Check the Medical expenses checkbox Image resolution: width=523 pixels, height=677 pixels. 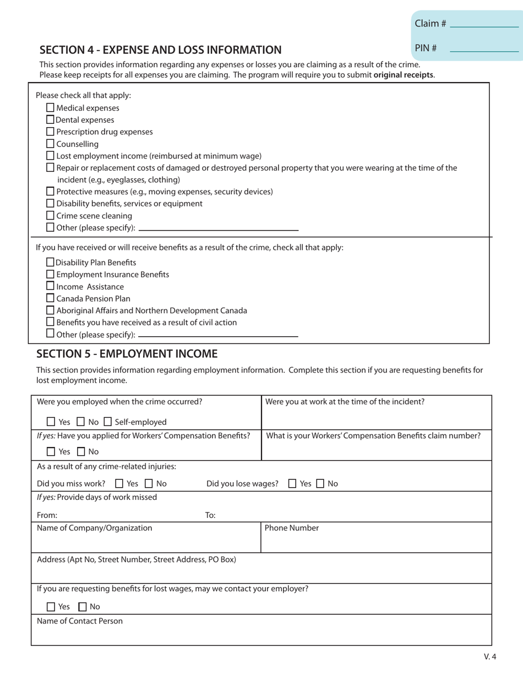tap(51, 108)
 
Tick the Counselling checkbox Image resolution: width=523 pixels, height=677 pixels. tap(51, 144)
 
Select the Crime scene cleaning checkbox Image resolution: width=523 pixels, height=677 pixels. tap(51, 216)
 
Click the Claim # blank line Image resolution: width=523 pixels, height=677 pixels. tap(484, 26)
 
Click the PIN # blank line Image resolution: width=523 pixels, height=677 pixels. tap(484, 51)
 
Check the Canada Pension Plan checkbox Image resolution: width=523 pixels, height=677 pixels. tap(51, 298)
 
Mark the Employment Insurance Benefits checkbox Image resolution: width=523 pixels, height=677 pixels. tap(51, 274)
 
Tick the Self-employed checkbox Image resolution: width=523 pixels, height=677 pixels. tap(108, 422)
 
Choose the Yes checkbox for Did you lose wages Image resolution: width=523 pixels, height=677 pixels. tap(293, 484)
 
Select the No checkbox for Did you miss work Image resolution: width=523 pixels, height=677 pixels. tap(149, 484)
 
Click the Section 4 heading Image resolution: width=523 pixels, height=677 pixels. tap(160, 50)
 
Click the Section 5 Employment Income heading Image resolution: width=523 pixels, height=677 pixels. tap(127, 354)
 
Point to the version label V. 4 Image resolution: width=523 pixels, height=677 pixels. tap(490, 656)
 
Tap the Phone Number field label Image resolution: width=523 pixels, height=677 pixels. tap(292, 528)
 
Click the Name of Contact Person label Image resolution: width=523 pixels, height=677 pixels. tap(80, 621)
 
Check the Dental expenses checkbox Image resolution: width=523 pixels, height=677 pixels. tap(51, 120)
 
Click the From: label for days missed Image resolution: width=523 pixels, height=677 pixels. tap(47, 516)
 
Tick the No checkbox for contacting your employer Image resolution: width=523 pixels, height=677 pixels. tap(83, 607)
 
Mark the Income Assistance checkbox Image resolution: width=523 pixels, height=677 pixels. tap(51, 286)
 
